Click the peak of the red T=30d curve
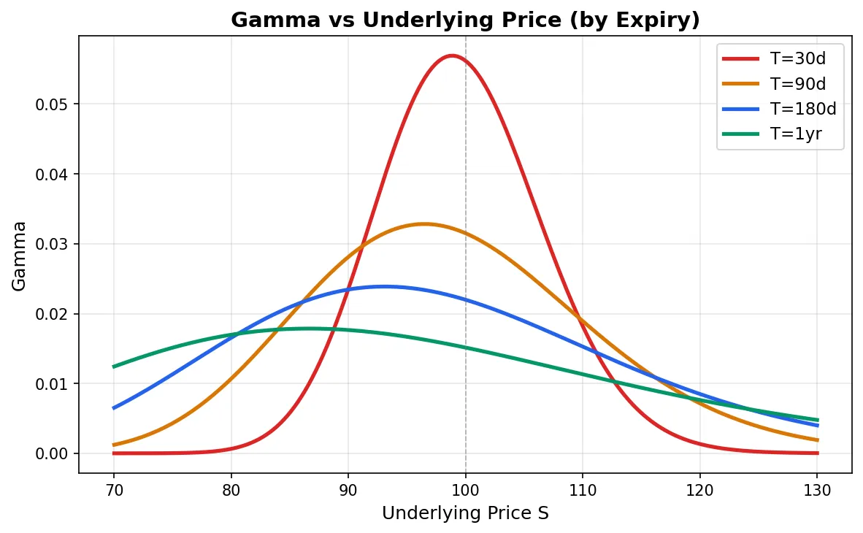(452, 55)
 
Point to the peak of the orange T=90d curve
(424, 224)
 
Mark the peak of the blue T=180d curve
(384, 286)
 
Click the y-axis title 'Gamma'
(20, 256)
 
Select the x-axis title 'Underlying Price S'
(465, 513)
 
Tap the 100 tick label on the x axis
(465, 490)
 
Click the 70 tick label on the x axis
(114, 490)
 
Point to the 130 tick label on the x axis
(817, 490)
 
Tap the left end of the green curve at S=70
(114, 367)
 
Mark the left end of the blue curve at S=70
(114, 408)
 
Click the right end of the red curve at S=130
(817, 453)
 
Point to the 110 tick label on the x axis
(583, 490)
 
